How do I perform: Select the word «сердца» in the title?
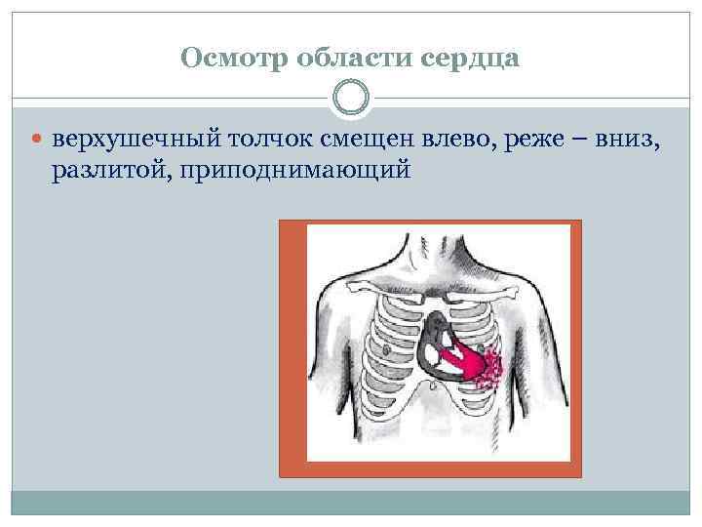click(x=467, y=59)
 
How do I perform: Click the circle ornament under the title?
click(x=351, y=98)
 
